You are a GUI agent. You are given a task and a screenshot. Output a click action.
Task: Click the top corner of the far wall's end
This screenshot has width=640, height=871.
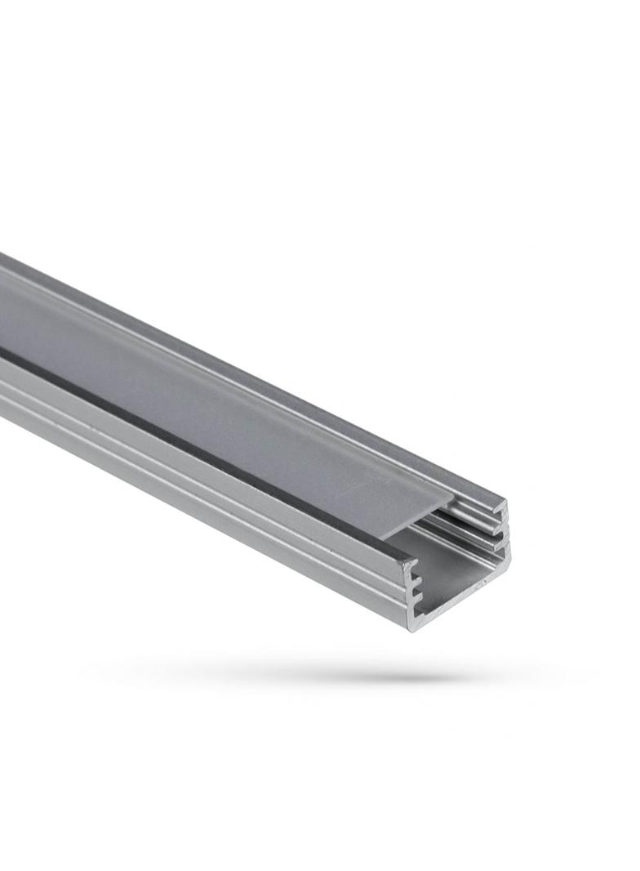(504, 500)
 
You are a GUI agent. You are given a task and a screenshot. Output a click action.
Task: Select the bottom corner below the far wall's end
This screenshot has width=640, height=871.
(510, 562)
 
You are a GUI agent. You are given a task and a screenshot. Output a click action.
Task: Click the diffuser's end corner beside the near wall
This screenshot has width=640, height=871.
(384, 538)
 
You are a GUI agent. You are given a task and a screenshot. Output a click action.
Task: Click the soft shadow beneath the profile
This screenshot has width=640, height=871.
(327, 675)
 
